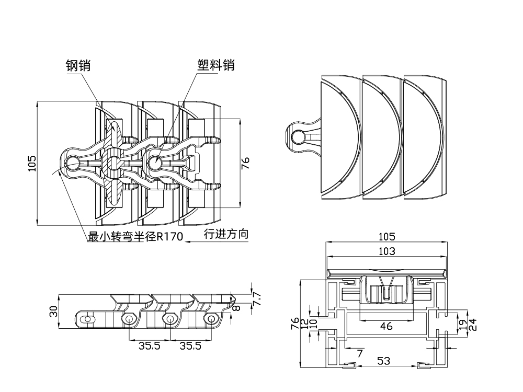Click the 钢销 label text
click(x=76, y=65)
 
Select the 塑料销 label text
click(x=215, y=65)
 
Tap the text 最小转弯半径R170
click(x=135, y=237)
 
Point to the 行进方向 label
click(x=225, y=235)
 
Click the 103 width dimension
click(x=386, y=251)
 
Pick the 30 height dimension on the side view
click(x=53, y=312)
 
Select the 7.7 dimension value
click(x=256, y=299)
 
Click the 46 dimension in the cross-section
click(x=386, y=326)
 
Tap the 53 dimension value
click(x=383, y=360)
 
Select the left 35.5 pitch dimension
click(x=149, y=345)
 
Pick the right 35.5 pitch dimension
click(x=190, y=345)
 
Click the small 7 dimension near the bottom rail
click(x=359, y=353)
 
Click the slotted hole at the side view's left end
click(x=89, y=318)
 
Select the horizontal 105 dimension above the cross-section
click(x=386, y=237)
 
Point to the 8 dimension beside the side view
click(x=236, y=308)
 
